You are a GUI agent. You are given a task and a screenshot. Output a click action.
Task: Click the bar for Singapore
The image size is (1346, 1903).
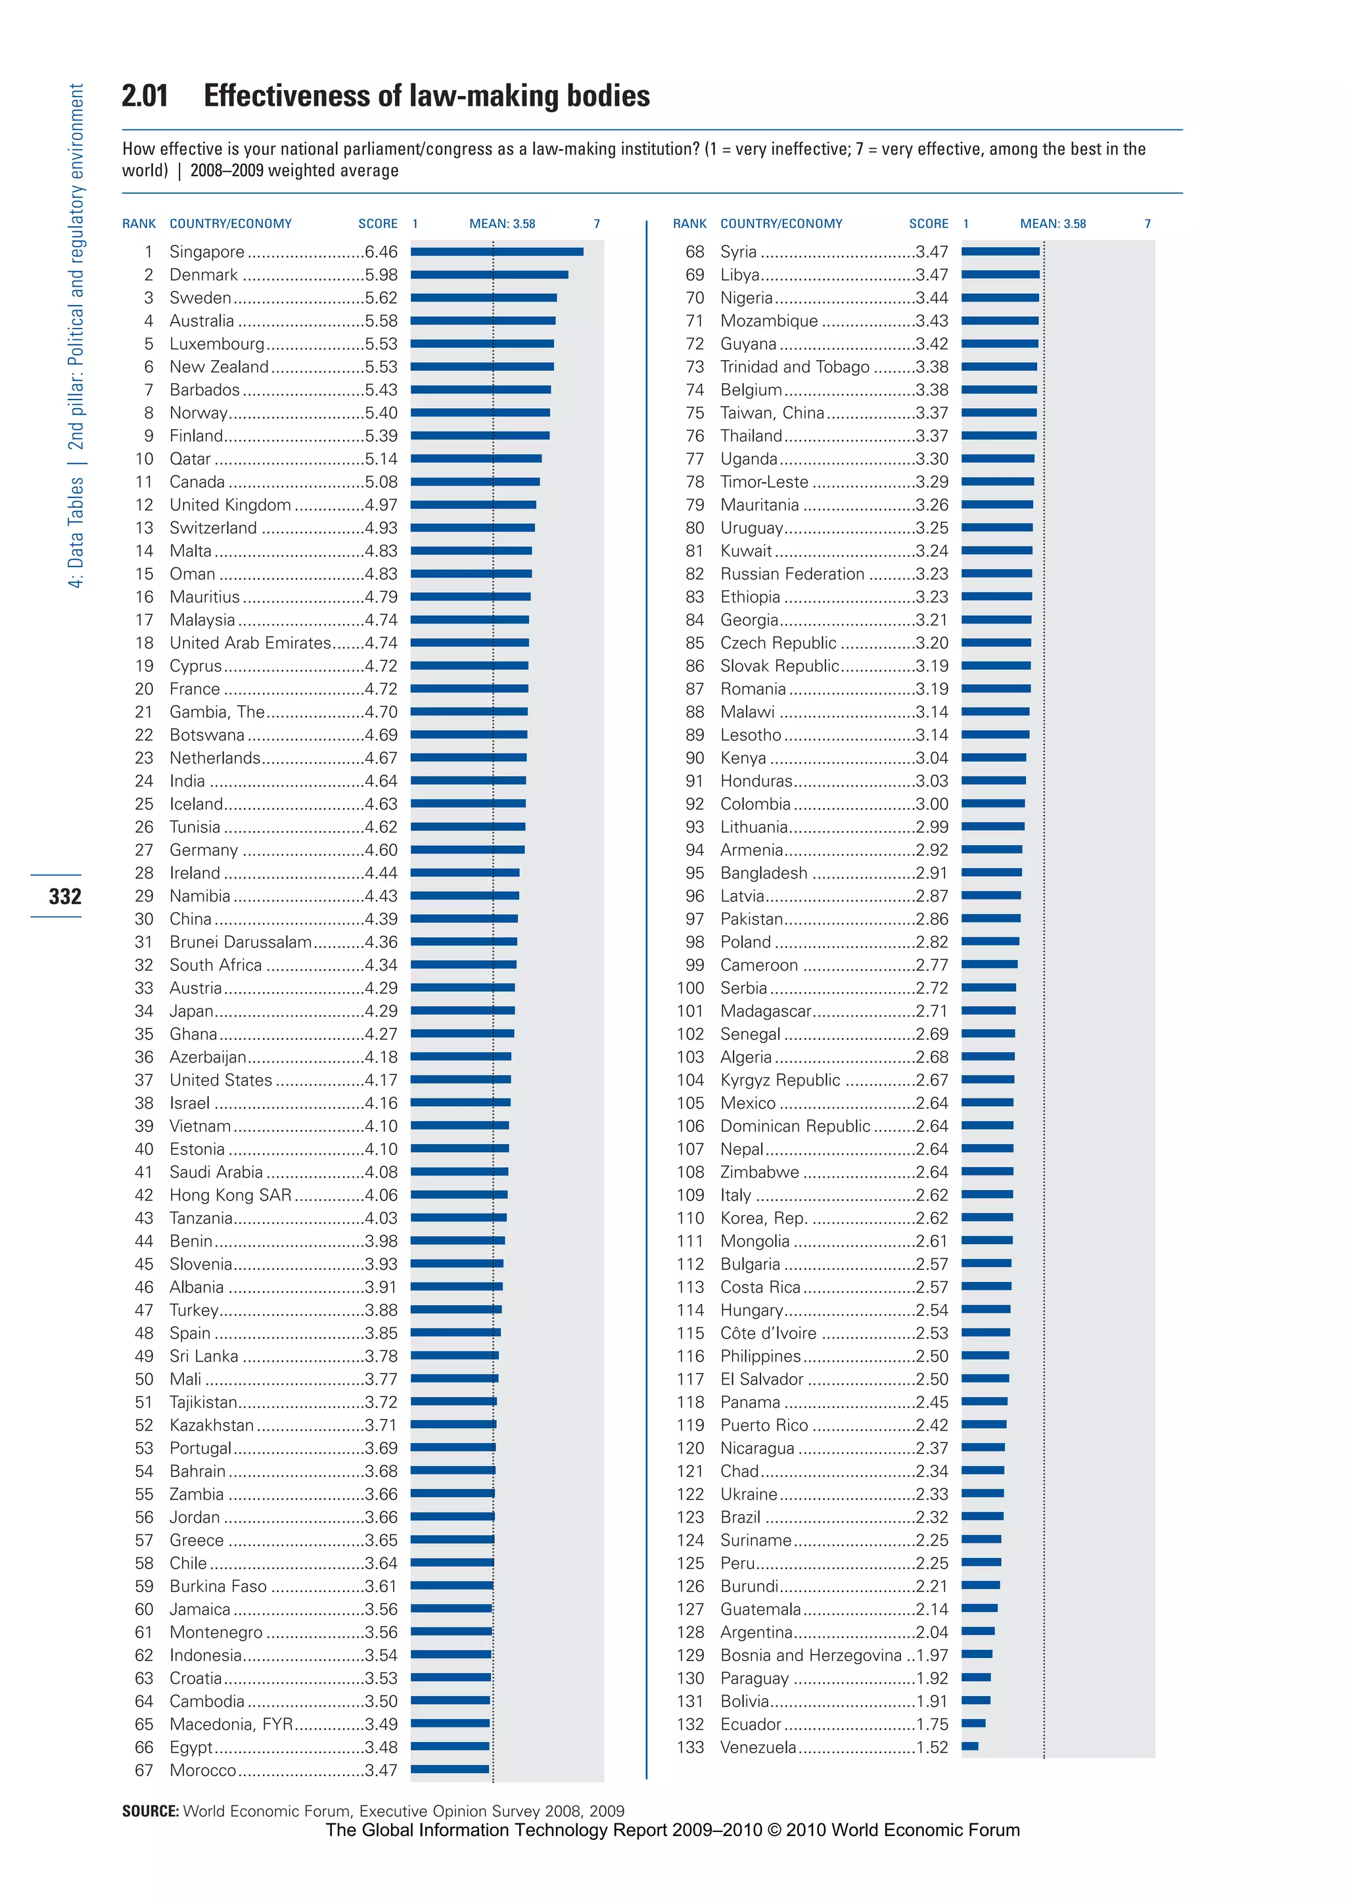[x=498, y=252]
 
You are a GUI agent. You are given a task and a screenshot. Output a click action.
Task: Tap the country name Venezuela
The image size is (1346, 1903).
[x=758, y=1747]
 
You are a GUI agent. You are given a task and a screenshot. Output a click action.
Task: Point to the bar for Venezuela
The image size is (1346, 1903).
[x=969, y=1747]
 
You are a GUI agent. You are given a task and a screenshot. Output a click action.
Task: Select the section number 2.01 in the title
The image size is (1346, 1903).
[x=145, y=96]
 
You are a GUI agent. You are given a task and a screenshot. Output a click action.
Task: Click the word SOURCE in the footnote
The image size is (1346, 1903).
[x=150, y=1811]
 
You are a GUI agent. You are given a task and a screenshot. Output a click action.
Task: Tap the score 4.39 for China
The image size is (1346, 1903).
[x=381, y=919]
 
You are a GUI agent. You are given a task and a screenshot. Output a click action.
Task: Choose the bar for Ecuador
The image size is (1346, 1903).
[x=974, y=1723]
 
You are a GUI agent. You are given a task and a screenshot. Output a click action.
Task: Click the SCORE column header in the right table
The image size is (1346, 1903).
[x=928, y=224]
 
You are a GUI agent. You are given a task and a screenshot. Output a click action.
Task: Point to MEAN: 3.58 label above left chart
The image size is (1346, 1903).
[x=502, y=224]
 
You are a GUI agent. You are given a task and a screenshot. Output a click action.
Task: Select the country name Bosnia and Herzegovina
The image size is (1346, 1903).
[x=810, y=1655]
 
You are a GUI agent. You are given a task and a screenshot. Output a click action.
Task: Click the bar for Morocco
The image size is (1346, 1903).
[x=450, y=1770]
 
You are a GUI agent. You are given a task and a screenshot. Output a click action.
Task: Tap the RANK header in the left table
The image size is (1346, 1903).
[x=139, y=224]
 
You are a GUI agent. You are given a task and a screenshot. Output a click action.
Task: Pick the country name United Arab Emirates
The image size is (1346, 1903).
[x=250, y=643]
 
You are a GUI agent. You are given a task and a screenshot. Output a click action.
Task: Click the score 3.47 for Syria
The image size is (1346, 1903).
[x=931, y=252]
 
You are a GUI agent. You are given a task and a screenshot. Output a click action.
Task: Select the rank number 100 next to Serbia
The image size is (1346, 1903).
[x=690, y=988]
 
